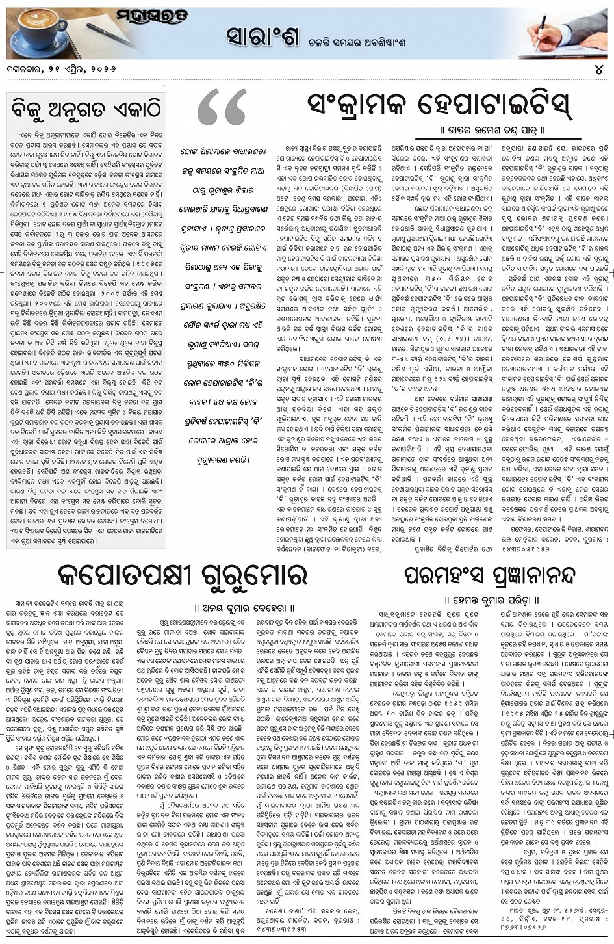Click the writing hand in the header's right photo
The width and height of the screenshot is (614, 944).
click(x=549, y=29)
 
